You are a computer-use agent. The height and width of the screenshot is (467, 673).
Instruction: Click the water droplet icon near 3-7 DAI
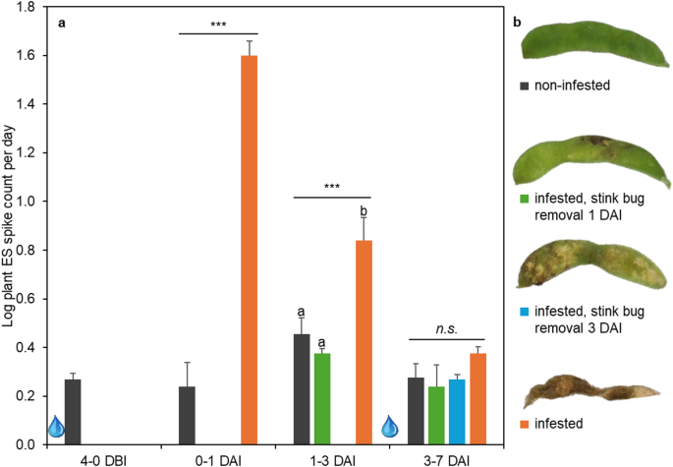[392, 427]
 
